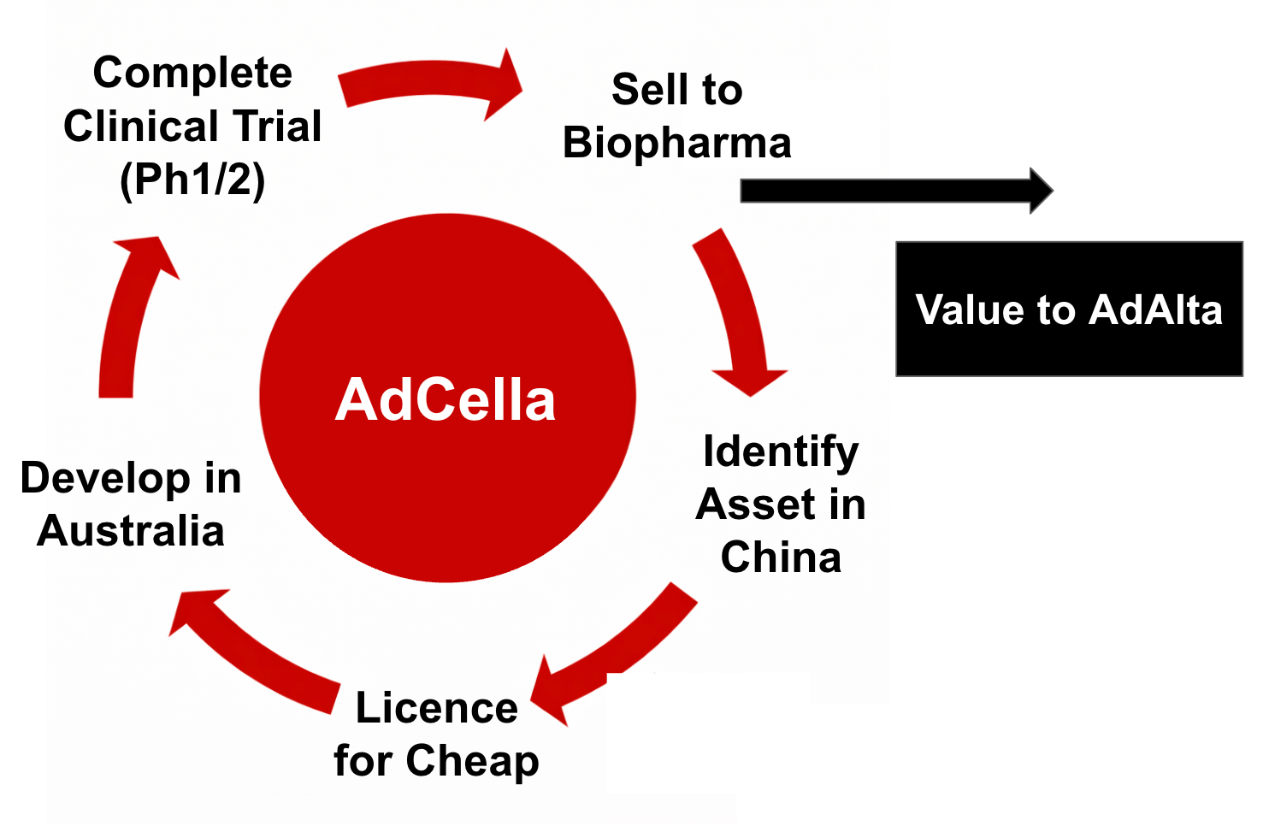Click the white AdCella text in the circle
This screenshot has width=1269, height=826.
pos(446,400)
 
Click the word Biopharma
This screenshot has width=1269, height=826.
pos(676,143)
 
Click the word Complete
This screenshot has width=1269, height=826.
pos(192,74)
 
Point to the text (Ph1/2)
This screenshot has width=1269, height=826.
pos(192,180)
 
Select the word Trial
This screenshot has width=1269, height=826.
pos(278,127)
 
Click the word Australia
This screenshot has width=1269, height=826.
pos(131,531)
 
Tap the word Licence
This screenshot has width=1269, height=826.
pos(436,709)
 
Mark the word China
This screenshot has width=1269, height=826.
pos(781,558)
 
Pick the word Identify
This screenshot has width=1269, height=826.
pos(780,451)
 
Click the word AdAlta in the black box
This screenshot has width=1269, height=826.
pos(1156,310)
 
